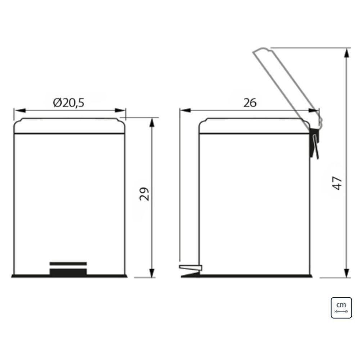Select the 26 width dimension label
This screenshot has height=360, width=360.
click(x=249, y=103)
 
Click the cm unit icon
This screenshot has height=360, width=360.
click(x=341, y=308)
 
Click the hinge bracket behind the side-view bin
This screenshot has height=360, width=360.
click(x=315, y=142)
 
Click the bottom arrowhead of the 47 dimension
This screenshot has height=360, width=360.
click(x=346, y=273)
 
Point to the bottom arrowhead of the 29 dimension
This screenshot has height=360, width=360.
click(x=152, y=273)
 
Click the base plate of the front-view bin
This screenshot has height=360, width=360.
click(x=69, y=276)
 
